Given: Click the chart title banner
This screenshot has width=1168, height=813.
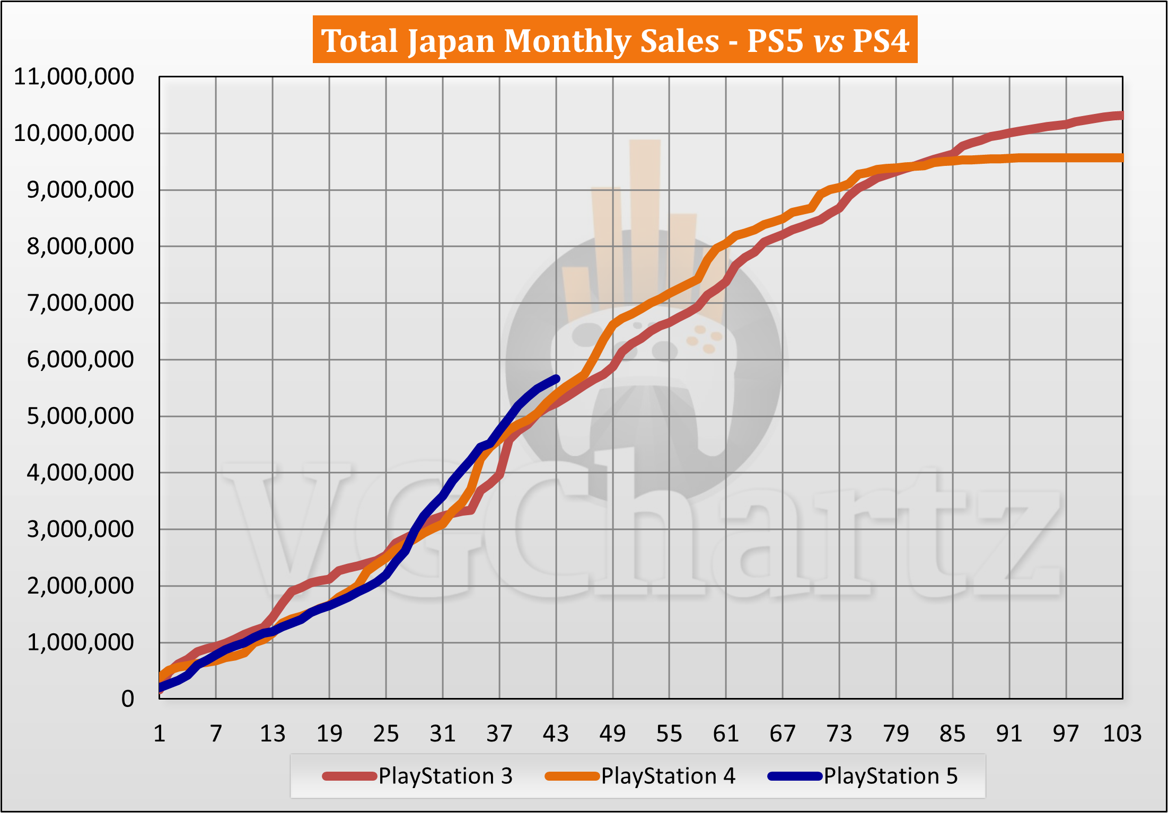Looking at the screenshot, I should click(x=614, y=40).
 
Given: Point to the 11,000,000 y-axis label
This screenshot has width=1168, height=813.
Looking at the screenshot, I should click(x=74, y=77).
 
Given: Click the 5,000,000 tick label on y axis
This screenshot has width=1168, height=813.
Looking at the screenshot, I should click(x=80, y=417).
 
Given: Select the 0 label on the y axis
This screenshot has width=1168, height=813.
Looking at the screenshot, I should click(x=127, y=699).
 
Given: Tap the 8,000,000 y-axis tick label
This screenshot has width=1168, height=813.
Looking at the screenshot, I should click(x=80, y=246).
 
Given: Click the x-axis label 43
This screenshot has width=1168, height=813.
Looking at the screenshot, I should click(x=556, y=734).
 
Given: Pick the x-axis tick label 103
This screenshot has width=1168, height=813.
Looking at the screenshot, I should click(x=1122, y=734).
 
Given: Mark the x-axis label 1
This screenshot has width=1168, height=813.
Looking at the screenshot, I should click(x=160, y=734).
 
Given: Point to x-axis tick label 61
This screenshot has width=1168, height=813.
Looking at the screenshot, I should click(x=726, y=734).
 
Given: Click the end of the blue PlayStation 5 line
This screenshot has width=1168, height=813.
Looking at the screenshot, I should click(x=556, y=378).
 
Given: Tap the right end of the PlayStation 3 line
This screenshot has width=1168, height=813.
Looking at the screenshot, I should click(x=1121, y=116).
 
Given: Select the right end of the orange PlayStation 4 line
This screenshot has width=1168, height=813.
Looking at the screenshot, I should click(x=1121, y=158).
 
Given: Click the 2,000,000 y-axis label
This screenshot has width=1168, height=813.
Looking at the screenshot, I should click(x=80, y=586).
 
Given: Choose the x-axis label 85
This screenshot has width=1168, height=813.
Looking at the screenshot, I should click(x=952, y=734).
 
